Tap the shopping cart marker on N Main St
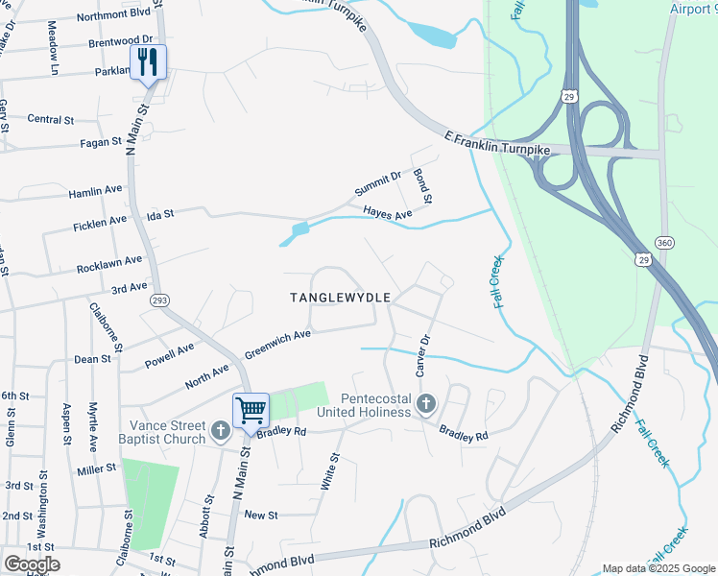(x=251, y=411)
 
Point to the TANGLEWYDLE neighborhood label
(x=340, y=298)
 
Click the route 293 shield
(x=159, y=300)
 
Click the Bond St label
(x=422, y=186)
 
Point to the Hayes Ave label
(x=387, y=213)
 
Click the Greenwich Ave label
(x=277, y=341)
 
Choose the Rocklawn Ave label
(x=110, y=264)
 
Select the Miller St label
(x=97, y=468)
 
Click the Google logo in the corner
(x=31, y=564)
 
